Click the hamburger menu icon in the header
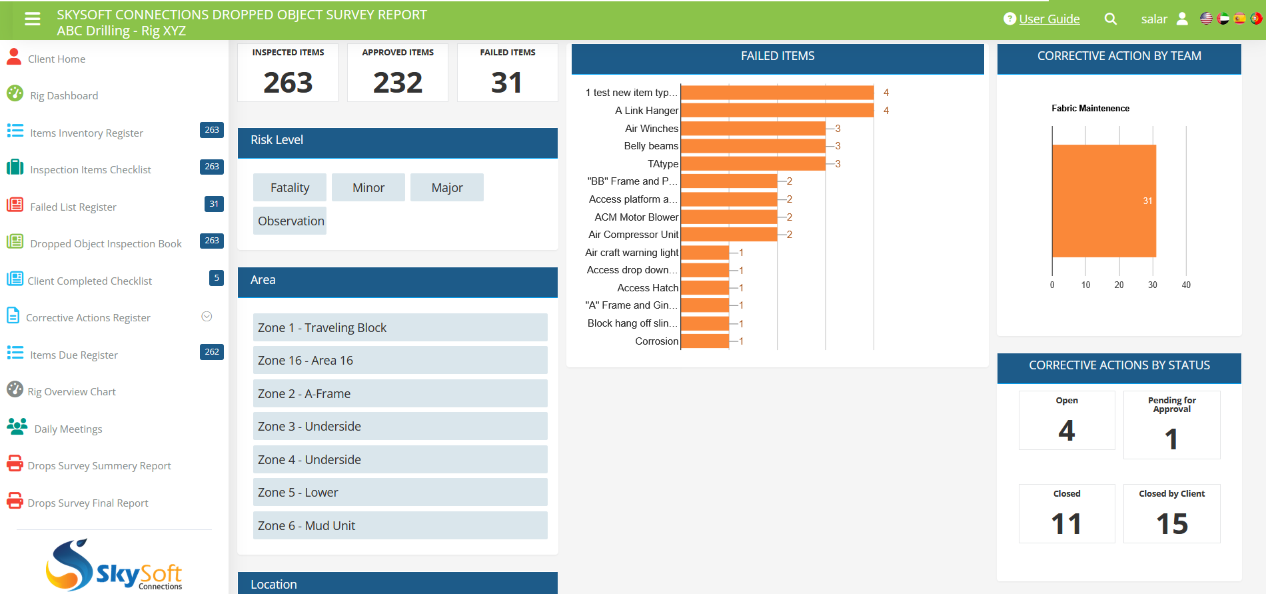tap(32, 19)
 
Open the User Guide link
tap(1049, 19)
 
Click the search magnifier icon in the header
tap(1110, 19)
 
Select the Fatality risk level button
tap(290, 188)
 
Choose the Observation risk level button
tap(291, 221)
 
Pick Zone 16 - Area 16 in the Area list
tap(400, 361)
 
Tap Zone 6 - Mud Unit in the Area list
tap(400, 526)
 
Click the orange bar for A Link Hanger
tap(777, 111)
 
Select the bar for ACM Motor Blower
tap(729, 217)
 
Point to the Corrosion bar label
tap(656, 341)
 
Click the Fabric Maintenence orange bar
tap(1103, 201)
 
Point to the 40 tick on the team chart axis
tap(1186, 285)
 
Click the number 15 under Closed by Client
tap(1171, 524)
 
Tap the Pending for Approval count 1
tap(1171, 439)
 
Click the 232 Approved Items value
tap(398, 83)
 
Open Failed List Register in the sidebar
tap(73, 207)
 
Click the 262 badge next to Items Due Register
tap(212, 352)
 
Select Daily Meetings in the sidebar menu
tap(68, 429)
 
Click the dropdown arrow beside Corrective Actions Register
tap(207, 317)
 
